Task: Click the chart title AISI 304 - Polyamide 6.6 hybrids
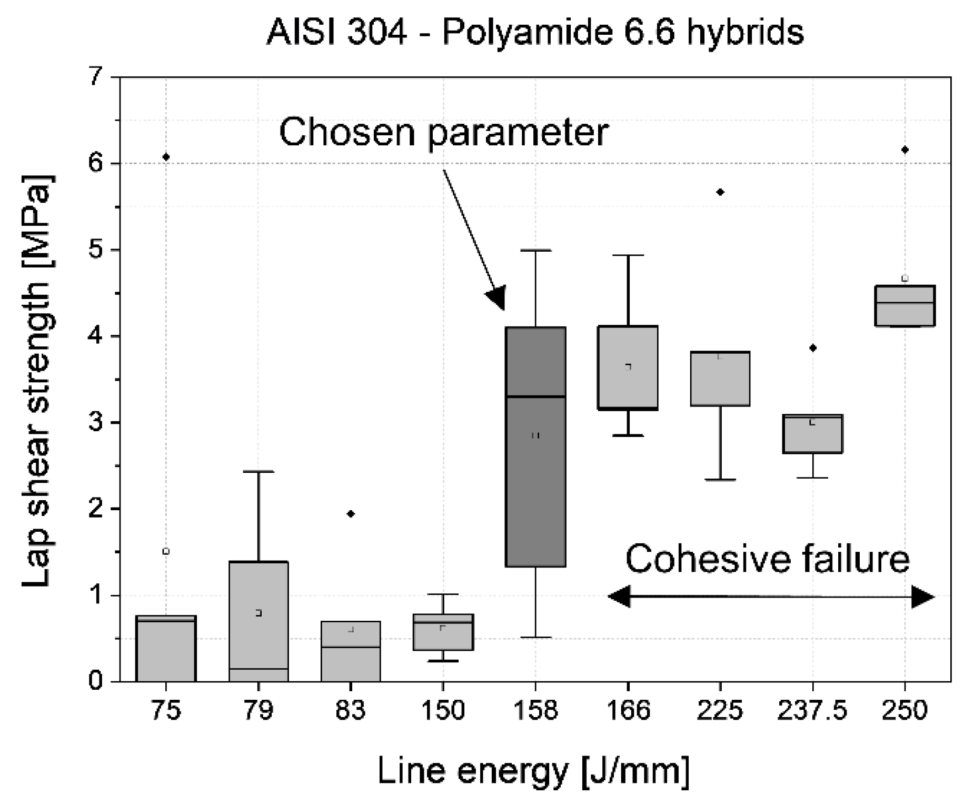pyautogui.click(x=535, y=33)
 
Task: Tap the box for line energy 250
pyautogui.click(x=905, y=306)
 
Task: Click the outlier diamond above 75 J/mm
pyautogui.click(x=166, y=157)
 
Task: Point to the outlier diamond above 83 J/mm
pyautogui.click(x=351, y=514)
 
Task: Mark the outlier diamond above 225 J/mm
pyautogui.click(x=721, y=192)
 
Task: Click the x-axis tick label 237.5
pyautogui.click(x=812, y=711)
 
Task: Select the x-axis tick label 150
pyautogui.click(x=443, y=711)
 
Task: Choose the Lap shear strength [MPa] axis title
pyautogui.click(x=37, y=379)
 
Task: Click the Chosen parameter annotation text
pyautogui.click(x=443, y=132)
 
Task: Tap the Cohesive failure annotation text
pyautogui.click(x=768, y=559)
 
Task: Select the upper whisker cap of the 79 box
pyautogui.click(x=259, y=472)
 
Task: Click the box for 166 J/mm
pyautogui.click(x=628, y=368)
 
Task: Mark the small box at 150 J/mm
pyautogui.click(x=443, y=632)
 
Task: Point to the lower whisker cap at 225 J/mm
pyautogui.click(x=720, y=480)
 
